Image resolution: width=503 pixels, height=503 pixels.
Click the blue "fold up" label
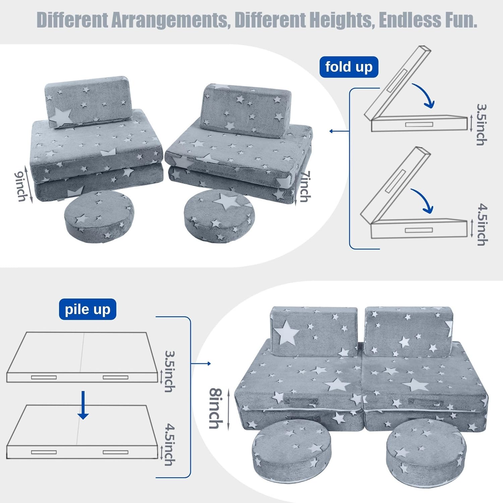pos(349,67)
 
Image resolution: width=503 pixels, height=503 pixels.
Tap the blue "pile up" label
pos(88,309)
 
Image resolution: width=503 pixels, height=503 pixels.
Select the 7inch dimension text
pos(304,186)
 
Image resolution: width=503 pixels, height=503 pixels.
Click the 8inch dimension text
pos(217,408)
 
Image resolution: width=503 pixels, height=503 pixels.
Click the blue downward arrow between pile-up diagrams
pos(83,405)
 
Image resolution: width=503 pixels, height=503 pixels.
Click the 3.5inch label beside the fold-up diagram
pos(482,125)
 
